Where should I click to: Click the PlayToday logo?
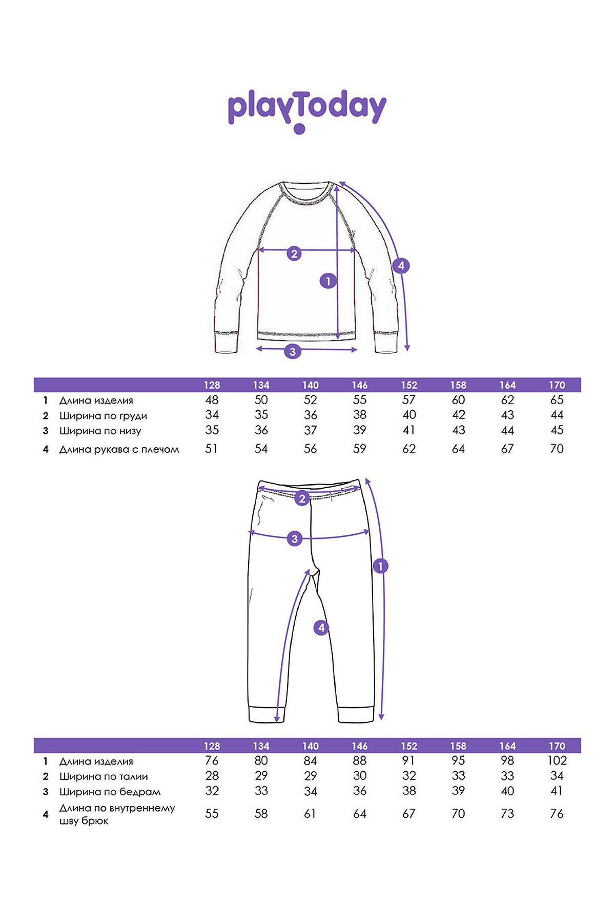306,110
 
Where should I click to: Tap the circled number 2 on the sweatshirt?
294,253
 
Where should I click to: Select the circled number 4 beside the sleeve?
401,266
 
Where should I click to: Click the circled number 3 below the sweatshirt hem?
293,352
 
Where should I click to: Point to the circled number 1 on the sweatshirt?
328,281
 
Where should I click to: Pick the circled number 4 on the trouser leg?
321,627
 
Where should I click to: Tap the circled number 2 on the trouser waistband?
302,498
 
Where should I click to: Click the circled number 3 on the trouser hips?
295,539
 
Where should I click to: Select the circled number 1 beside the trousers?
380,566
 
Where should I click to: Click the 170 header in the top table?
557,385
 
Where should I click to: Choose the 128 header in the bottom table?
212,746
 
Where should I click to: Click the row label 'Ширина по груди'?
103,416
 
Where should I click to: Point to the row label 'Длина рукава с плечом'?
119,449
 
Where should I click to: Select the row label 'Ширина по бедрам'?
110,792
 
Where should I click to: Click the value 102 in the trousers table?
557,760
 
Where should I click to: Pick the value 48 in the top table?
212,400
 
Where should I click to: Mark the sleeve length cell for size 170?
557,449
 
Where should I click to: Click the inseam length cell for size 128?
212,813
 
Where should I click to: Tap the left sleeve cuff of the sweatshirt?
226,342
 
